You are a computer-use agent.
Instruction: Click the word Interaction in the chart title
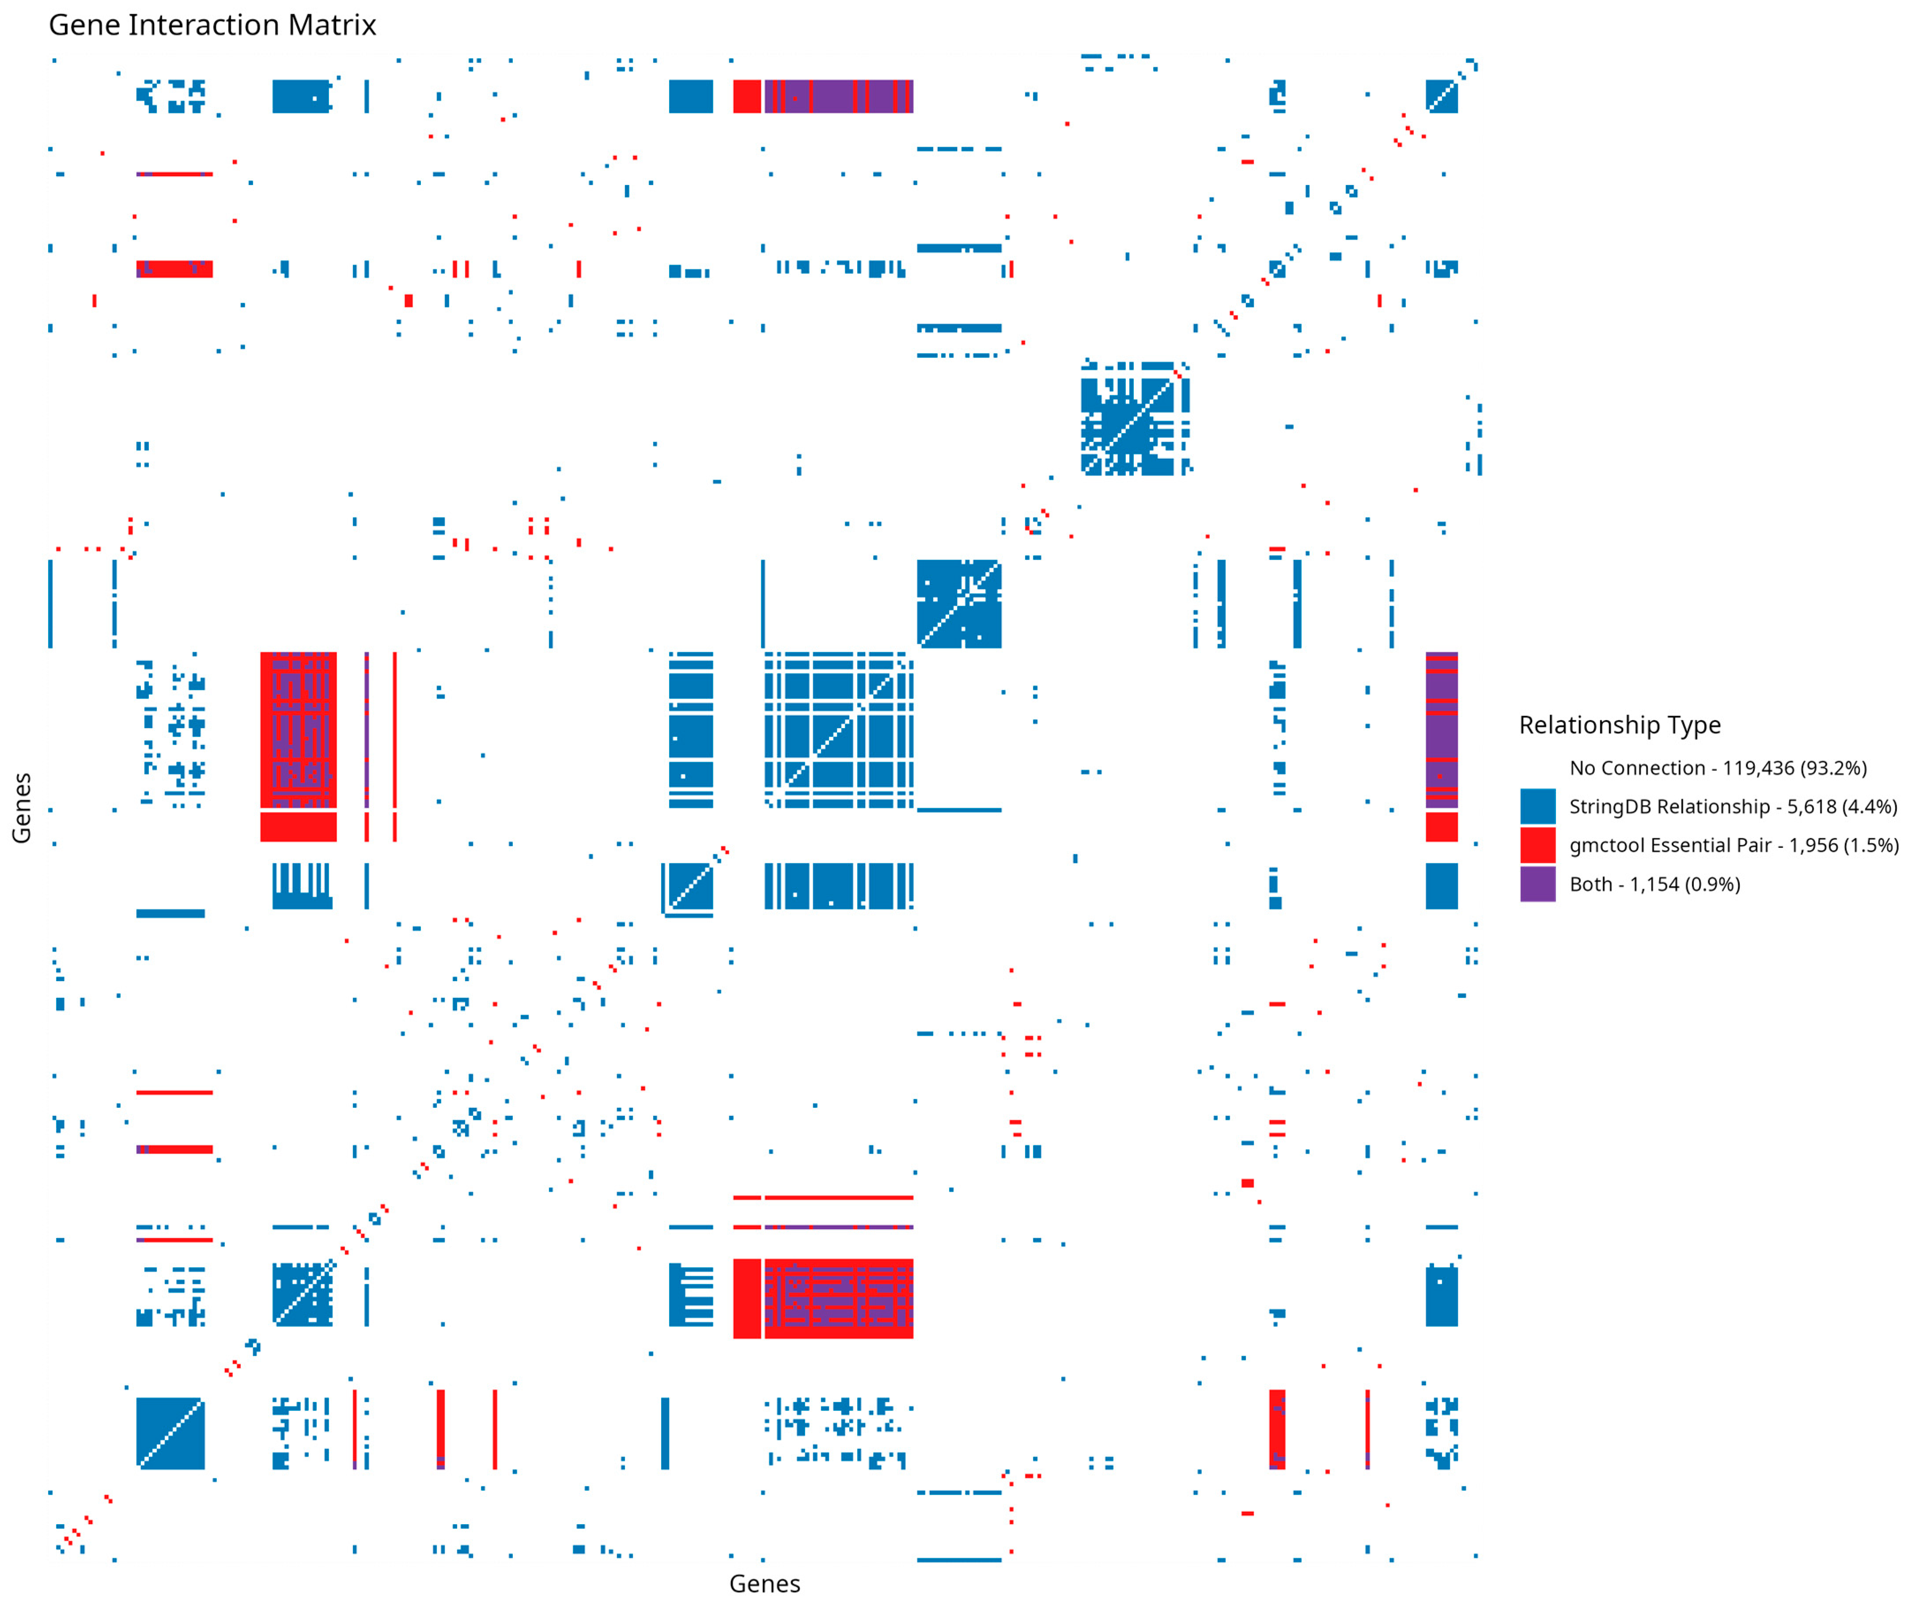click(205, 26)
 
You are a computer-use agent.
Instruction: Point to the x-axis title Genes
click(764, 1584)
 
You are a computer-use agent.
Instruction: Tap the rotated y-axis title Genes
click(22, 807)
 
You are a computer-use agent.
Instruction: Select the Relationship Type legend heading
click(1620, 725)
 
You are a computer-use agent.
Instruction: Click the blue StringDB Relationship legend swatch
click(1537, 806)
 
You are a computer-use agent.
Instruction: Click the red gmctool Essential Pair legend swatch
click(1537, 845)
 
